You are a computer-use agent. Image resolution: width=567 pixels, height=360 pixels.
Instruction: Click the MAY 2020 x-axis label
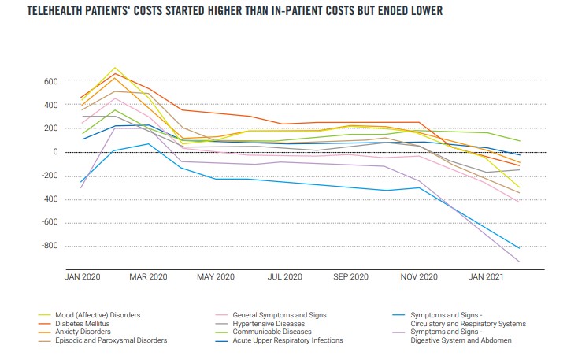click(216, 277)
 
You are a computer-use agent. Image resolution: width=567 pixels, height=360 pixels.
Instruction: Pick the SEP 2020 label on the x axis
click(351, 277)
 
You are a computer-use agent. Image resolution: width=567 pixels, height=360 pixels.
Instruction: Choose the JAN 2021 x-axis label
click(487, 277)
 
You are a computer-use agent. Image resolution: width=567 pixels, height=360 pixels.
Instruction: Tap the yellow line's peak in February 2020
click(115, 68)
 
